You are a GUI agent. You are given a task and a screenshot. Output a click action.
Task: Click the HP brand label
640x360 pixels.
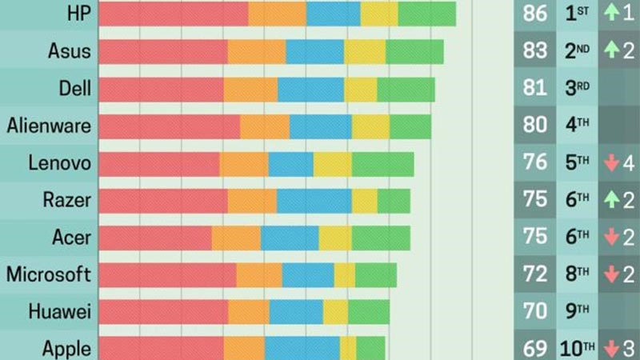pos(78,14)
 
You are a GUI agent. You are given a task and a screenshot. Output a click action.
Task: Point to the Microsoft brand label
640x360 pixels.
pos(49,274)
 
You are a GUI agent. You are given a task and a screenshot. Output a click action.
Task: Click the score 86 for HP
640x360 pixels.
pos(534,14)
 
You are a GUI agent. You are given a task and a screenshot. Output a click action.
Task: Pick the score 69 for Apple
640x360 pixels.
pos(534,349)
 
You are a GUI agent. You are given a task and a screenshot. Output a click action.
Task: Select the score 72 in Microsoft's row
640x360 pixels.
pos(534,274)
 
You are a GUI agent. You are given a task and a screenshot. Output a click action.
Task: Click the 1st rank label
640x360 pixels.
pos(577,14)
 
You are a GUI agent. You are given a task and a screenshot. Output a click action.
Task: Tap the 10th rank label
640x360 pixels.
pos(578,349)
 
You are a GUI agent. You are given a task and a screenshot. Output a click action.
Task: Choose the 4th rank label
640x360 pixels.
pos(577,126)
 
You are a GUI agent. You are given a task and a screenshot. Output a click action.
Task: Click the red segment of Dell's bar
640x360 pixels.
pos(161,88)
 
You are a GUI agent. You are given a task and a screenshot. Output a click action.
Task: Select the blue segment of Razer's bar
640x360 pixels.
pos(314,200)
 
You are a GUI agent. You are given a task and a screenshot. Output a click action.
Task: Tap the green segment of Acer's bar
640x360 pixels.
pos(380,237)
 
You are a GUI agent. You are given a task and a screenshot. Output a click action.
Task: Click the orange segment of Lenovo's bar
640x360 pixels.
pos(243,163)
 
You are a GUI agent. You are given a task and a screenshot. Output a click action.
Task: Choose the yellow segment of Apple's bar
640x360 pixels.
pos(348,349)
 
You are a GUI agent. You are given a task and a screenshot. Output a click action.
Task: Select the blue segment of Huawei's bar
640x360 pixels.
pos(296,311)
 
